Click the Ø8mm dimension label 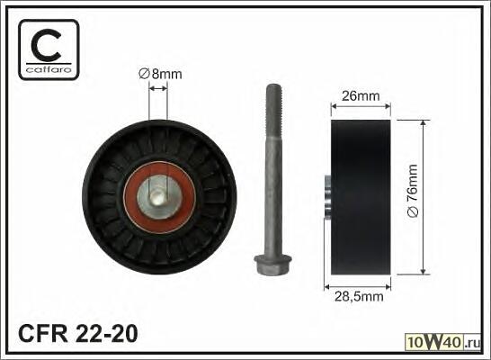pyautogui.click(x=160, y=75)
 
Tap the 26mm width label pyautogui.click(x=361, y=96)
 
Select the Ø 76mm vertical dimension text pyautogui.click(x=413, y=191)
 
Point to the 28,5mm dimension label pyautogui.click(x=359, y=296)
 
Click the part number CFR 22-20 pyautogui.click(x=78, y=333)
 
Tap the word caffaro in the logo pyautogui.click(x=49, y=70)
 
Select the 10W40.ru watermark pyautogui.click(x=442, y=342)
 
